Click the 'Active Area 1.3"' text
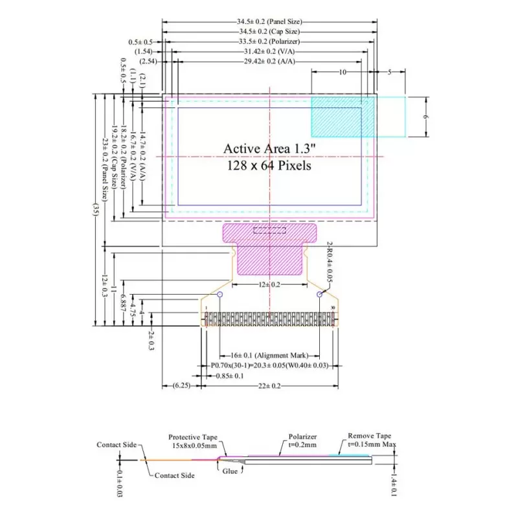pyautogui.click(x=269, y=148)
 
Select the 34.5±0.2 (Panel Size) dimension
pyautogui.click(x=269, y=22)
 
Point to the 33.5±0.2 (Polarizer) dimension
pyautogui.click(x=269, y=41)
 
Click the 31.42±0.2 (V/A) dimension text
pyautogui.click(x=269, y=51)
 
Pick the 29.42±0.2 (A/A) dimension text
pyautogui.click(x=269, y=61)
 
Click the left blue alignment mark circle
pyautogui.click(x=220, y=295)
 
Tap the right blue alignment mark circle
pyautogui.click(x=320, y=295)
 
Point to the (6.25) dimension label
pyautogui.click(x=181, y=385)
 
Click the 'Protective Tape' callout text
pyautogui.click(x=194, y=437)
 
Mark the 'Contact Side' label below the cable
pyautogui.click(x=174, y=475)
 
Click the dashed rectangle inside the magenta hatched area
pyautogui.click(x=269, y=230)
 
